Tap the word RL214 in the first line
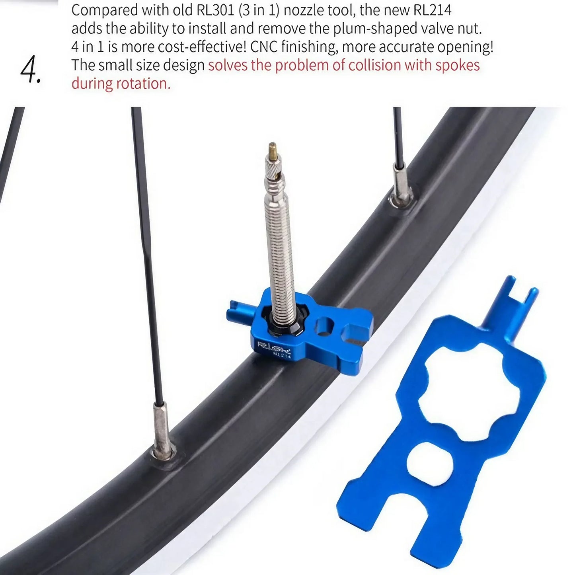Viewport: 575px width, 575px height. point(432,10)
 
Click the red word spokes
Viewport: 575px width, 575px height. point(458,65)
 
